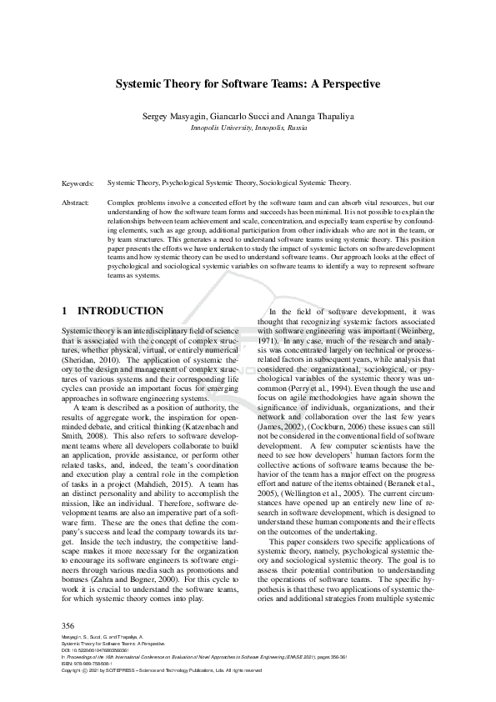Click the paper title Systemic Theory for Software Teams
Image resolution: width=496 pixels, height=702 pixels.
click(x=248, y=84)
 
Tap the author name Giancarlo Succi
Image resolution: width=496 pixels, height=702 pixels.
click(x=239, y=118)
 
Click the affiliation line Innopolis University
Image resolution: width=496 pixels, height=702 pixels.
click(x=248, y=129)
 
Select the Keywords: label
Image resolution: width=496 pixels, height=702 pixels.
click(x=78, y=182)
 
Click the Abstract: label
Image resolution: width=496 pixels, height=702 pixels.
click(x=77, y=203)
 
